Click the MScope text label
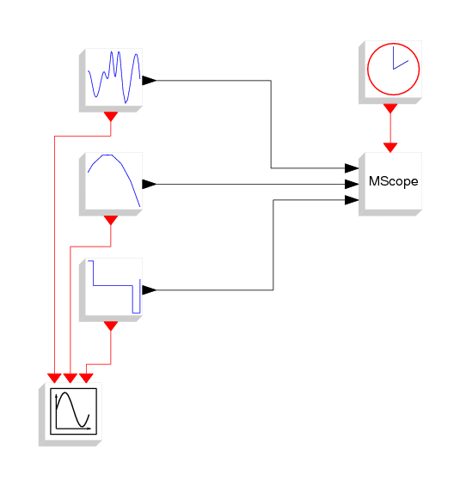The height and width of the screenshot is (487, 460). tap(393, 181)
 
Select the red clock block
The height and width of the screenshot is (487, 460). tap(390, 72)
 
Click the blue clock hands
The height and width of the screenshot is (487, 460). tap(401, 58)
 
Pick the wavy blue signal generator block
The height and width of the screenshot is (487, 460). tap(111, 80)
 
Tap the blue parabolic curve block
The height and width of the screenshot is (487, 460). tap(111, 184)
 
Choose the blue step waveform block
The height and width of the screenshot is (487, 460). tap(111, 289)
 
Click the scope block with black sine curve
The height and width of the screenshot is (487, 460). tap(71, 414)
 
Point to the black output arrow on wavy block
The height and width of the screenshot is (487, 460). tap(150, 81)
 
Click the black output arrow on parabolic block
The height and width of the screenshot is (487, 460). tap(150, 184)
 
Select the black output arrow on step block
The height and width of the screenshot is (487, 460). tap(150, 290)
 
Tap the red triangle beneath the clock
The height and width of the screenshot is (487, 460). tap(390, 108)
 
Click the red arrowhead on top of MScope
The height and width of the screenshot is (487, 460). tap(390, 148)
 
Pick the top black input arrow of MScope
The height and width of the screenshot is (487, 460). tap(352, 168)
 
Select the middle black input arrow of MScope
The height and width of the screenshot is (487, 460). tap(352, 184)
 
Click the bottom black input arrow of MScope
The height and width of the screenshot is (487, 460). tap(352, 200)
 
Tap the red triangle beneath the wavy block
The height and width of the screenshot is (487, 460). tap(111, 117)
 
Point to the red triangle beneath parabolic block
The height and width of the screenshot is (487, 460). tap(111, 220)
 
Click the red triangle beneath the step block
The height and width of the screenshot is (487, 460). tap(111, 326)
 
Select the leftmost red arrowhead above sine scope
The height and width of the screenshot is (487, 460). tap(54, 378)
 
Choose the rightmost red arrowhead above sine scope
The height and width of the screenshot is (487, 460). tap(86, 378)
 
